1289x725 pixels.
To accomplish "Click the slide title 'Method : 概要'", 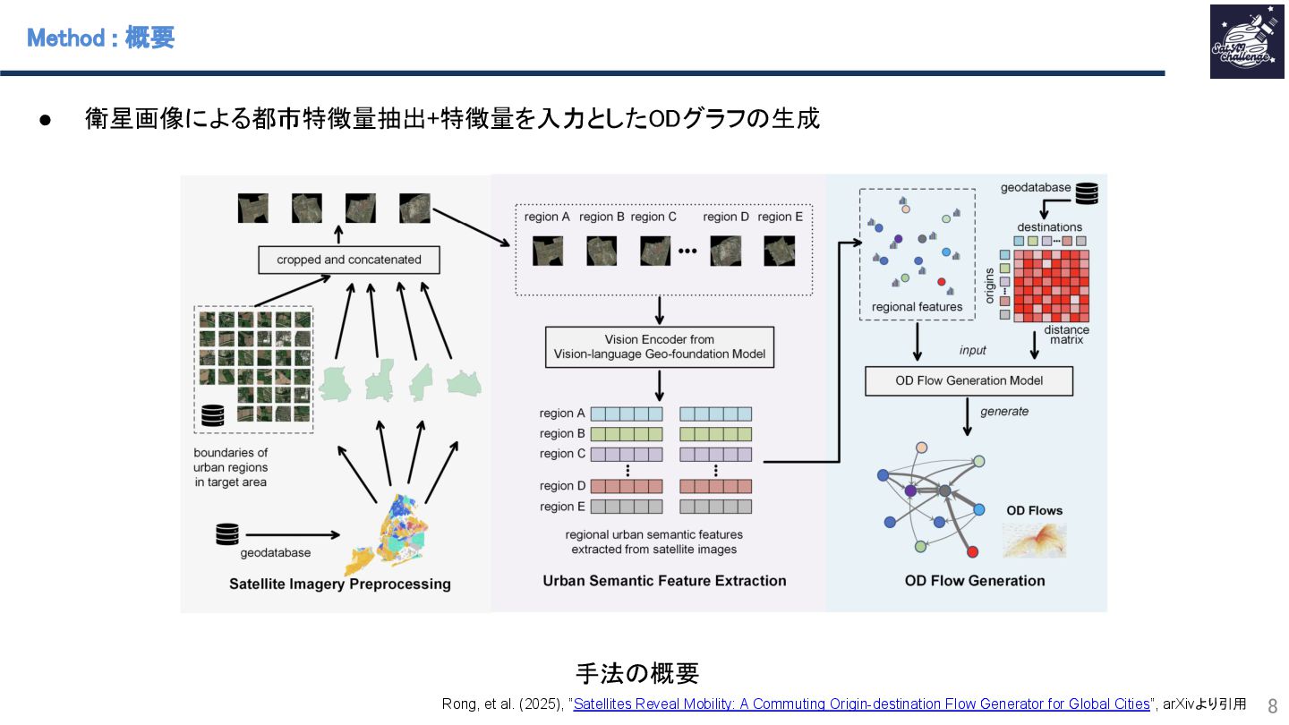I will [100, 38].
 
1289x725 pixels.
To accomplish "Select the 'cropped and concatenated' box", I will [349, 260].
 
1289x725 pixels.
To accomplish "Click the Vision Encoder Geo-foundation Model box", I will [660, 346].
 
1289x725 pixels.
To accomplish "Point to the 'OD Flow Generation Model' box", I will [969, 380].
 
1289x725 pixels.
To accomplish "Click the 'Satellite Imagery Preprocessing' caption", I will [340, 584].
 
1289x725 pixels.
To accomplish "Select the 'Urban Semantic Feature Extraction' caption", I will [664, 581].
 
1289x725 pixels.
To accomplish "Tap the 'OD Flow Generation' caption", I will [975, 581].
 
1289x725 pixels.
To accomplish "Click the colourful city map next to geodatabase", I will [392, 534].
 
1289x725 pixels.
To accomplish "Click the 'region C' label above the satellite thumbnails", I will [653, 217].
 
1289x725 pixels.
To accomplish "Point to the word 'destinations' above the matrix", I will [1049, 227].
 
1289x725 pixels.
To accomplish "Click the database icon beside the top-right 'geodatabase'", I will [1087, 192].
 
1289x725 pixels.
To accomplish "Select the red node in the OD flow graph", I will [973, 551].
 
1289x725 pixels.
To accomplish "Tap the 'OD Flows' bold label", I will [1034, 511].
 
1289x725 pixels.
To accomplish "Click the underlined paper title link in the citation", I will [861, 704].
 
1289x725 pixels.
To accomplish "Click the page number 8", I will [1272, 705].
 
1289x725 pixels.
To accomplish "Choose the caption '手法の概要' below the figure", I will [636, 673].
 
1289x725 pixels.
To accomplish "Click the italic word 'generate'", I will [1004, 412].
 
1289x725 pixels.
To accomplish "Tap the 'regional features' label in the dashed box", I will [917, 307].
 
